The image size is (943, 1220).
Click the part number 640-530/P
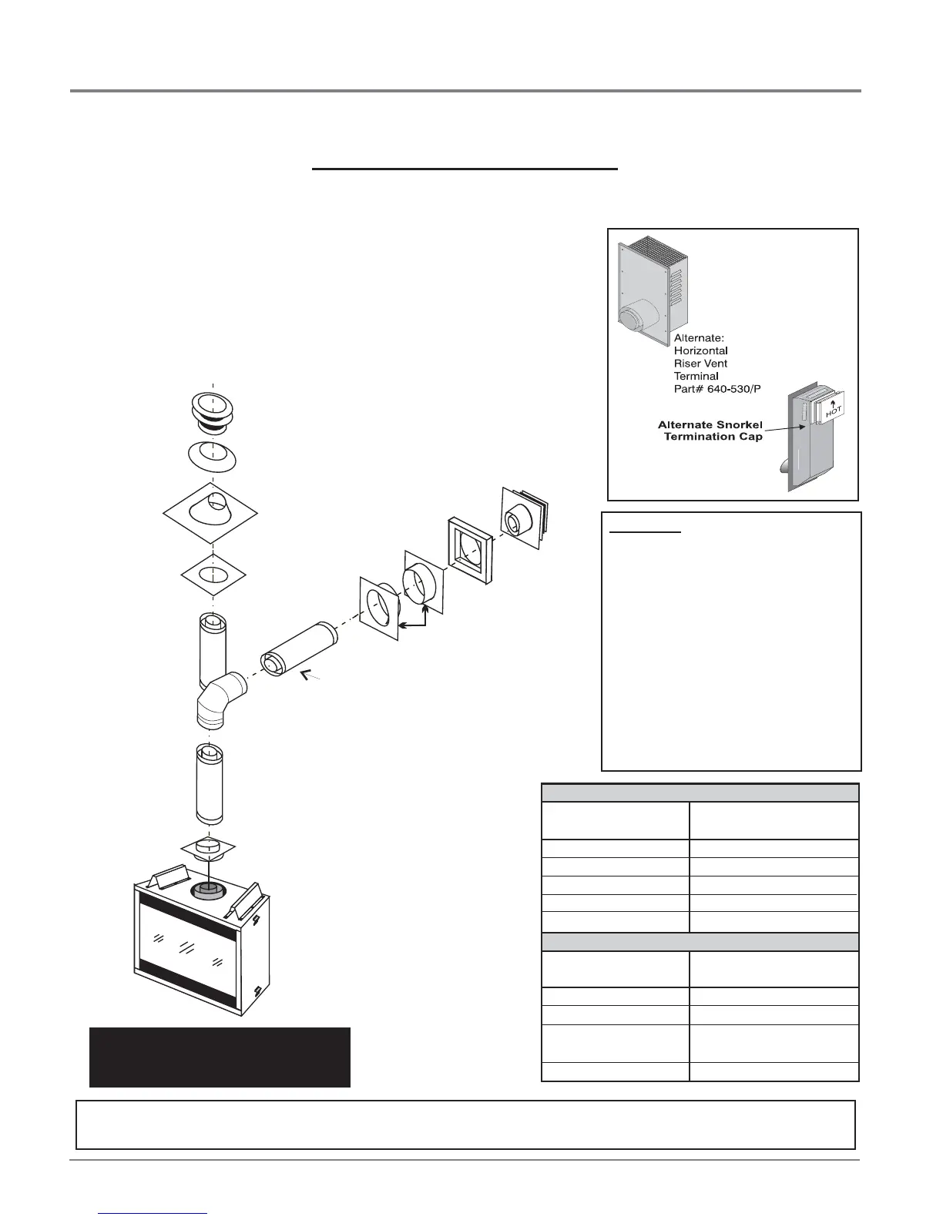point(729,388)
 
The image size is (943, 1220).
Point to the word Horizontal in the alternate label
point(701,350)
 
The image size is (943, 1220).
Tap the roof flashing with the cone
point(210,511)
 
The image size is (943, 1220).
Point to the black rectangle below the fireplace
point(220,1057)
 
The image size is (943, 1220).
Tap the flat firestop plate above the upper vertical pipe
point(213,575)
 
